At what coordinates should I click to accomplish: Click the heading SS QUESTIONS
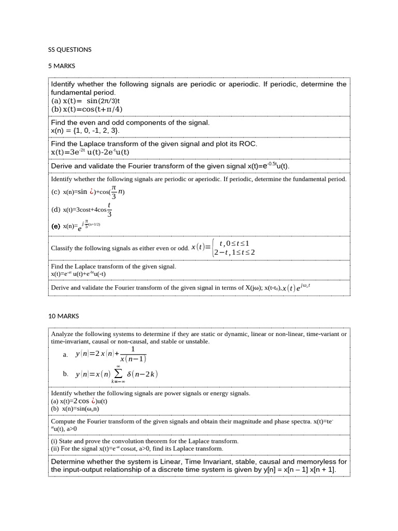point(69,50)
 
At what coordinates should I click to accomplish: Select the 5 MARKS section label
point(62,66)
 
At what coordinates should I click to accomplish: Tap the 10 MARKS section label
point(63,316)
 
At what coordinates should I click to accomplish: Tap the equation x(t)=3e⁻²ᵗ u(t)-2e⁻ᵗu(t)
point(90,152)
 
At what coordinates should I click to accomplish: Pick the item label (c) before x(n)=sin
point(55,192)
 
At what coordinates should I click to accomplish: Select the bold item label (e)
point(55,227)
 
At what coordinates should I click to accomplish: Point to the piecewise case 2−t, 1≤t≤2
point(234,252)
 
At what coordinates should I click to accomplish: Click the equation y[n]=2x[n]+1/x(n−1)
point(111,354)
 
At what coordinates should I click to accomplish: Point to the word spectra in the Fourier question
point(301,422)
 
